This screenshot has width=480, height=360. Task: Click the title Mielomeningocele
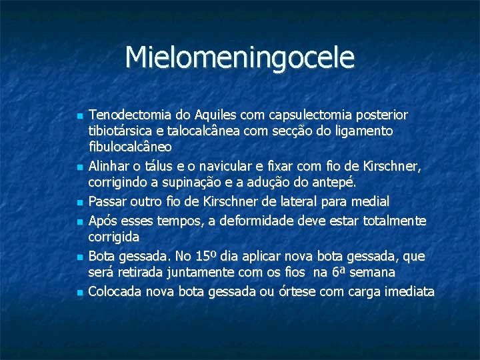click(240, 57)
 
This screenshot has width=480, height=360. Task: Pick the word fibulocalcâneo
click(131, 147)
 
